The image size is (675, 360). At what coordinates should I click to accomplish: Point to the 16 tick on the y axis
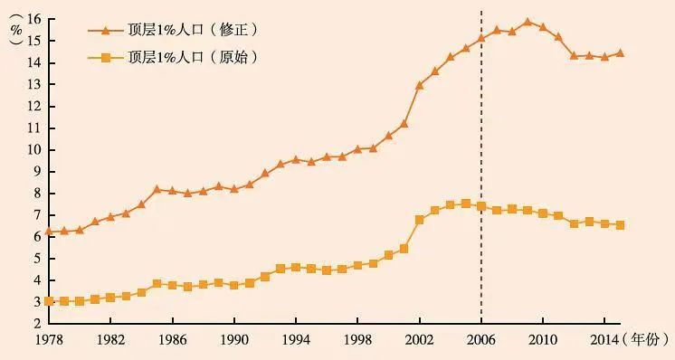pyautogui.click(x=35, y=19)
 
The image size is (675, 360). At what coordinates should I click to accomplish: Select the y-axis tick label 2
pyautogui.click(x=38, y=323)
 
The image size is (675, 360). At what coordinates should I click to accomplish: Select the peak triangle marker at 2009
pyautogui.click(x=528, y=22)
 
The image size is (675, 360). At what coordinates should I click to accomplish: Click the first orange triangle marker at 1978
pyautogui.click(x=49, y=231)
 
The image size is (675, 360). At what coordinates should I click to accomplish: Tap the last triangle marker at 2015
pyautogui.click(x=620, y=52)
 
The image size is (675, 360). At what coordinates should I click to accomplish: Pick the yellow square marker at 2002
pyautogui.click(x=419, y=220)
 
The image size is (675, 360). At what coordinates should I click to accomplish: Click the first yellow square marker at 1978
pyautogui.click(x=49, y=301)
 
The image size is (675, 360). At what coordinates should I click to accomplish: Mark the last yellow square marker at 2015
pyautogui.click(x=620, y=224)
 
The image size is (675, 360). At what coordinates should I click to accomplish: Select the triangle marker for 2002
pyautogui.click(x=419, y=85)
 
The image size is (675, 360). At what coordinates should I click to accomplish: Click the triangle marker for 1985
pyautogui.click(x=157, y=189)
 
